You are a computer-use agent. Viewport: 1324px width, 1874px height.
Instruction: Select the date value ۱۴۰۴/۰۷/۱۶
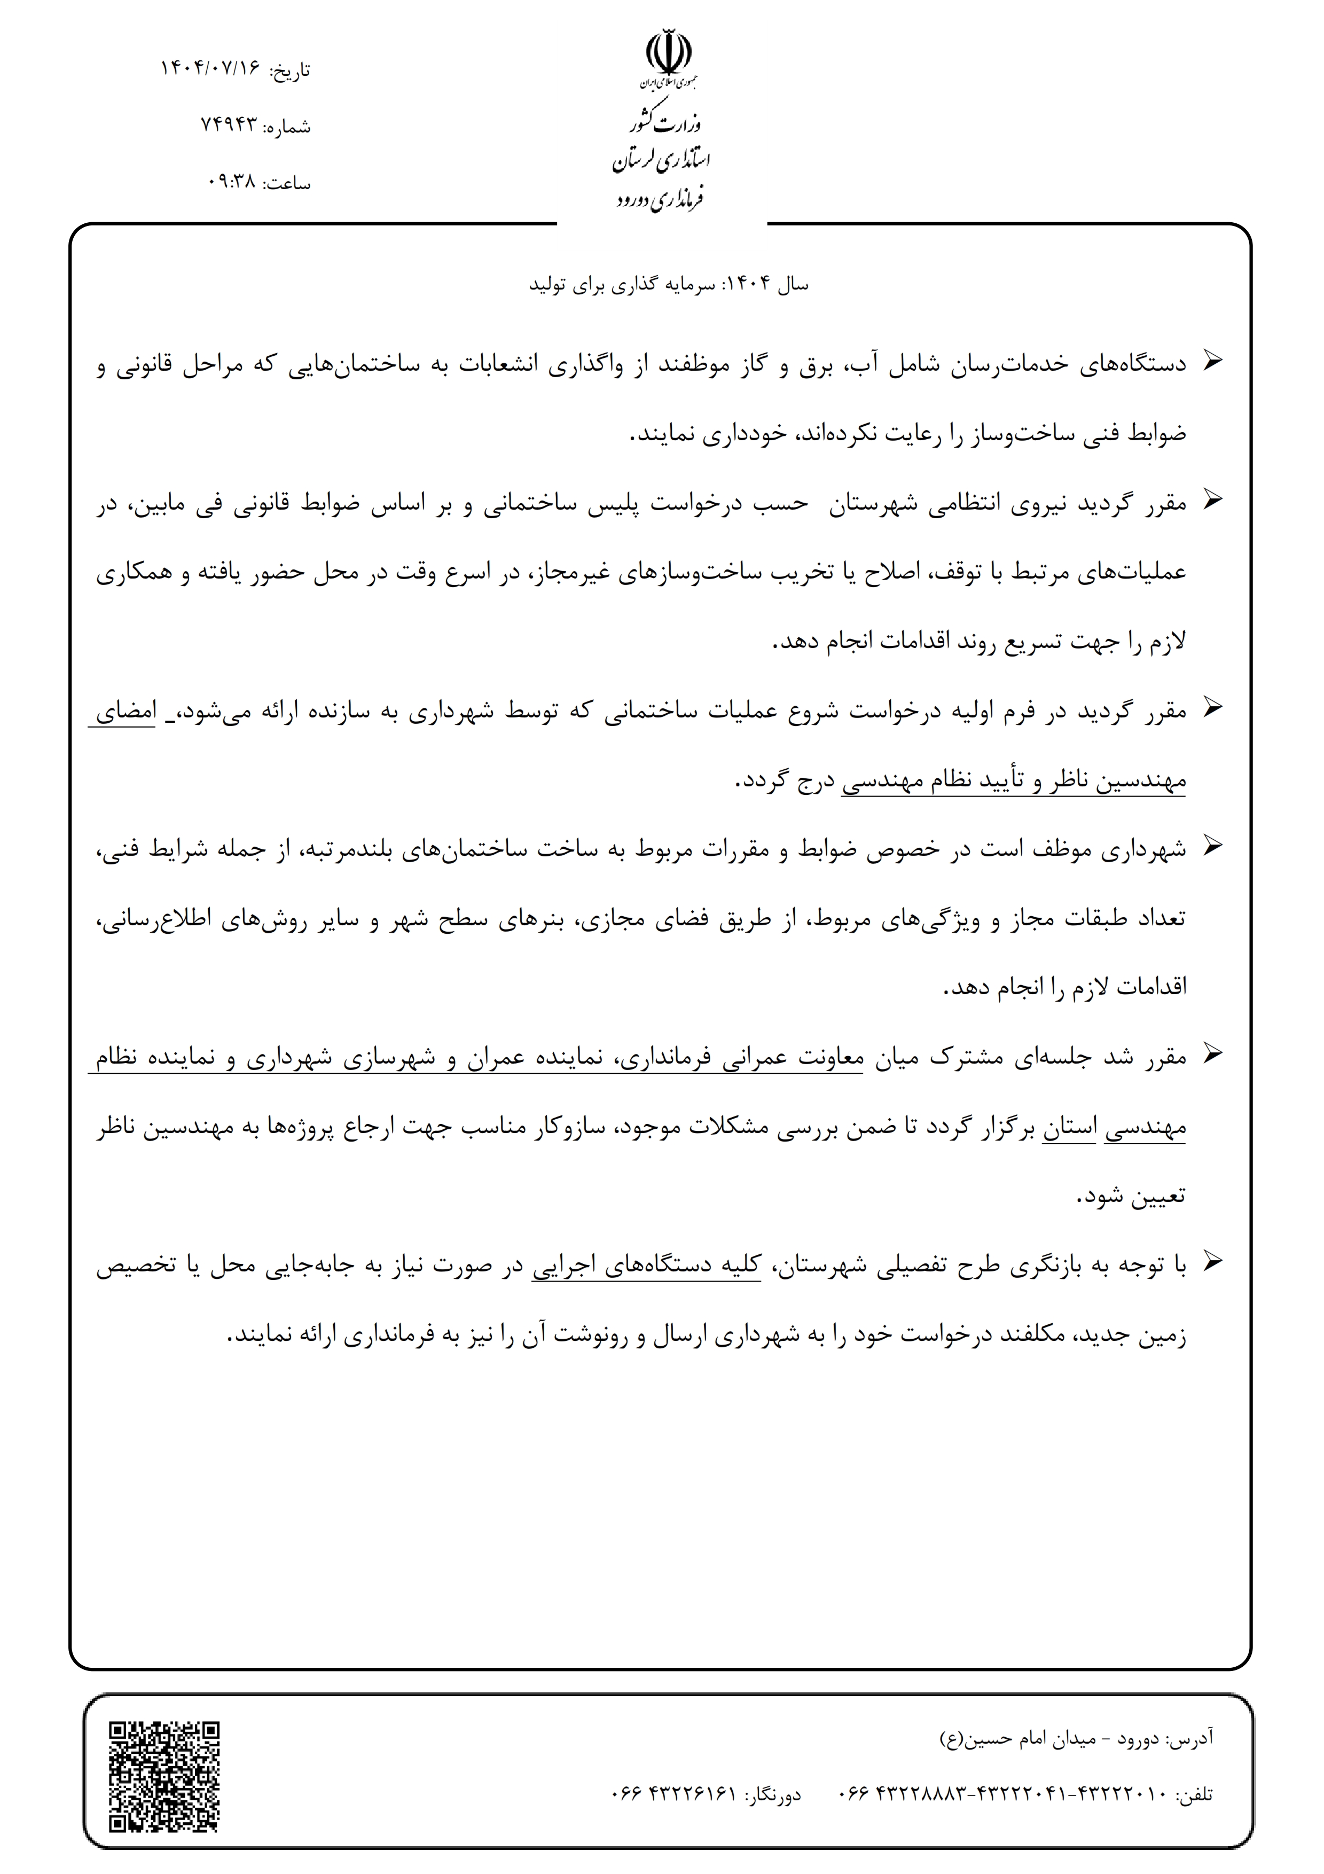pos(210,68)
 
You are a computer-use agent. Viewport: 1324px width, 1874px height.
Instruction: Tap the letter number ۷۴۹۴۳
pos(229,125)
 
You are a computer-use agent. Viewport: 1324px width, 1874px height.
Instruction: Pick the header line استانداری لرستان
pos(662,160)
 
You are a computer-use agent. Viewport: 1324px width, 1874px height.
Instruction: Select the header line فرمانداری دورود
pos(660,198)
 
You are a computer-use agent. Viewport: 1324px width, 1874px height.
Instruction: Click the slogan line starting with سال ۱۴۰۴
pos(669,284)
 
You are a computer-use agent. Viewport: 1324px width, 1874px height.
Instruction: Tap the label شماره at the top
pos(288,127)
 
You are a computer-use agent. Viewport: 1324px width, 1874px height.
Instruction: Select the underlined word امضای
pos(126,711)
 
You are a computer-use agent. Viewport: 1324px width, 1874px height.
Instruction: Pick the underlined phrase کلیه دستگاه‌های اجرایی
pos(646,1265)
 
